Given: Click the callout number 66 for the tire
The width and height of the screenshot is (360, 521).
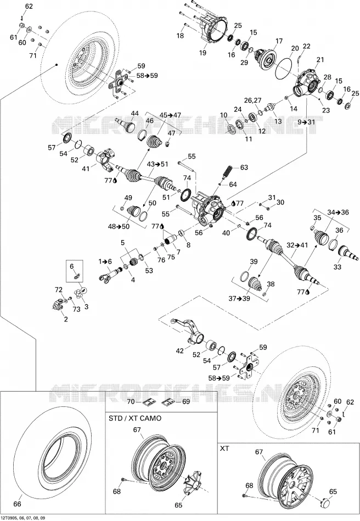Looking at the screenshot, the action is pyautogui.click(x=17, y=504).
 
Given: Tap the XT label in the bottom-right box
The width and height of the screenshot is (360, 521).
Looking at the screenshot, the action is pyautogui.click(x=224, y=449).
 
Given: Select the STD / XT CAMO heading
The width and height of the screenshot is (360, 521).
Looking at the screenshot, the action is pyautogui.click(x=135, y=418).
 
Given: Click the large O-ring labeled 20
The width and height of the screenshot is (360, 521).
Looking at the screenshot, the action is pyautogui.click(x=284, y=64).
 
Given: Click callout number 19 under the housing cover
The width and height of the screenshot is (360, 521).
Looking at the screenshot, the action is pyautogui.click(x=203, y=53).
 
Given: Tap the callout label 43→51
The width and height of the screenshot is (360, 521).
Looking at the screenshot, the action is pyautogui.click(x=157, y=164).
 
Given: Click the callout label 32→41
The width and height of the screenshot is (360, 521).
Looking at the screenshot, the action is pyautogui.click(x=298, y=246).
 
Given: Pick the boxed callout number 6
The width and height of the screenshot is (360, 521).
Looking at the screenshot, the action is pyautogui.click(x=71, y=266).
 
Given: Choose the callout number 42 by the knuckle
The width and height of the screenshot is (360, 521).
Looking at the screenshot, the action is pyautogui.click(x=180, y=351).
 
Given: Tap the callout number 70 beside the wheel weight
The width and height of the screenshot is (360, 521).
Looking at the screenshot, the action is pyautogui.click(x=131, y=401).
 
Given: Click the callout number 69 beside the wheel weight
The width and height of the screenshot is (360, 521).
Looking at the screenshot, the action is pyautogui.click(x=185, y=401).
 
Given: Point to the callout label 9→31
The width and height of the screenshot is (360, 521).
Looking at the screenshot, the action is pyautogui.click(x=306, y=122).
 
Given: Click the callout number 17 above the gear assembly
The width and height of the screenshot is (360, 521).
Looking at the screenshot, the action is pyautogui.click(x=279, y=41).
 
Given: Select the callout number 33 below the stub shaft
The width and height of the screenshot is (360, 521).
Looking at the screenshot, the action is pyautogui.click(x=337, y=267).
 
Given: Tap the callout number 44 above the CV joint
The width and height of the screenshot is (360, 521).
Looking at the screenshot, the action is pyautogui.click(x=134, y=113).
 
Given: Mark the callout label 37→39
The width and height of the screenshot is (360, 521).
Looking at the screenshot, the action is pyautogui.click(x=239, y=298).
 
